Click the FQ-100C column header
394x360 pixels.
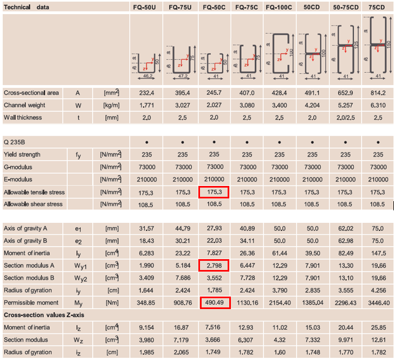coord(279,7)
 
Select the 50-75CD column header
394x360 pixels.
coord(346,7)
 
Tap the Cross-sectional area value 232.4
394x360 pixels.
coord(146,93)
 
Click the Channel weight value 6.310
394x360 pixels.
coord(378,105)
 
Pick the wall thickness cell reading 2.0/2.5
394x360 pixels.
coord(346,118)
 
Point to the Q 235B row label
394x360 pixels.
coord(14,142)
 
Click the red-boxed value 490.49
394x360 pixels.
coord(214,303)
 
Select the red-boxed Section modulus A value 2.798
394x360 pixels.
coord(214,266)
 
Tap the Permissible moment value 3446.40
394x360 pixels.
coord(379,303)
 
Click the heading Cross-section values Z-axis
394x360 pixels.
coord(44,315)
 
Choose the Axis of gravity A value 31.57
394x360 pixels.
coord(146,228)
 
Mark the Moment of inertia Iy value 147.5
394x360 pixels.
coord(378,253)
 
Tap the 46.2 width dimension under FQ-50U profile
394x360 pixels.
coord(148,76)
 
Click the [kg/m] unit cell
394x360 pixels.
coord(112,105)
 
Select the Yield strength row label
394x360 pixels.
coord(22,155)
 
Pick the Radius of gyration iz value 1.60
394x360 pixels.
coord(279,352)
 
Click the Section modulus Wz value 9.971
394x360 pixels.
coord(346,340)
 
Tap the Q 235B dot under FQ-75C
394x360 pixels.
coord(247,142)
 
